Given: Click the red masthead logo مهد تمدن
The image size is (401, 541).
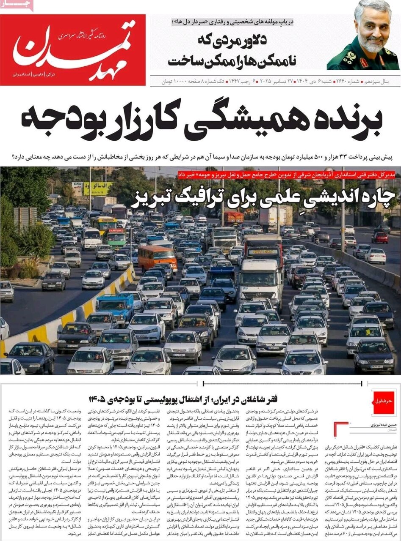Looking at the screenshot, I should click(x=72, y=50).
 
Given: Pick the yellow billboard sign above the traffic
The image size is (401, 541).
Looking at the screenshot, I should click(x=98, y=188).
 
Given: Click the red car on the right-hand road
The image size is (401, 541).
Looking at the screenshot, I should click(x=380, y=238).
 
